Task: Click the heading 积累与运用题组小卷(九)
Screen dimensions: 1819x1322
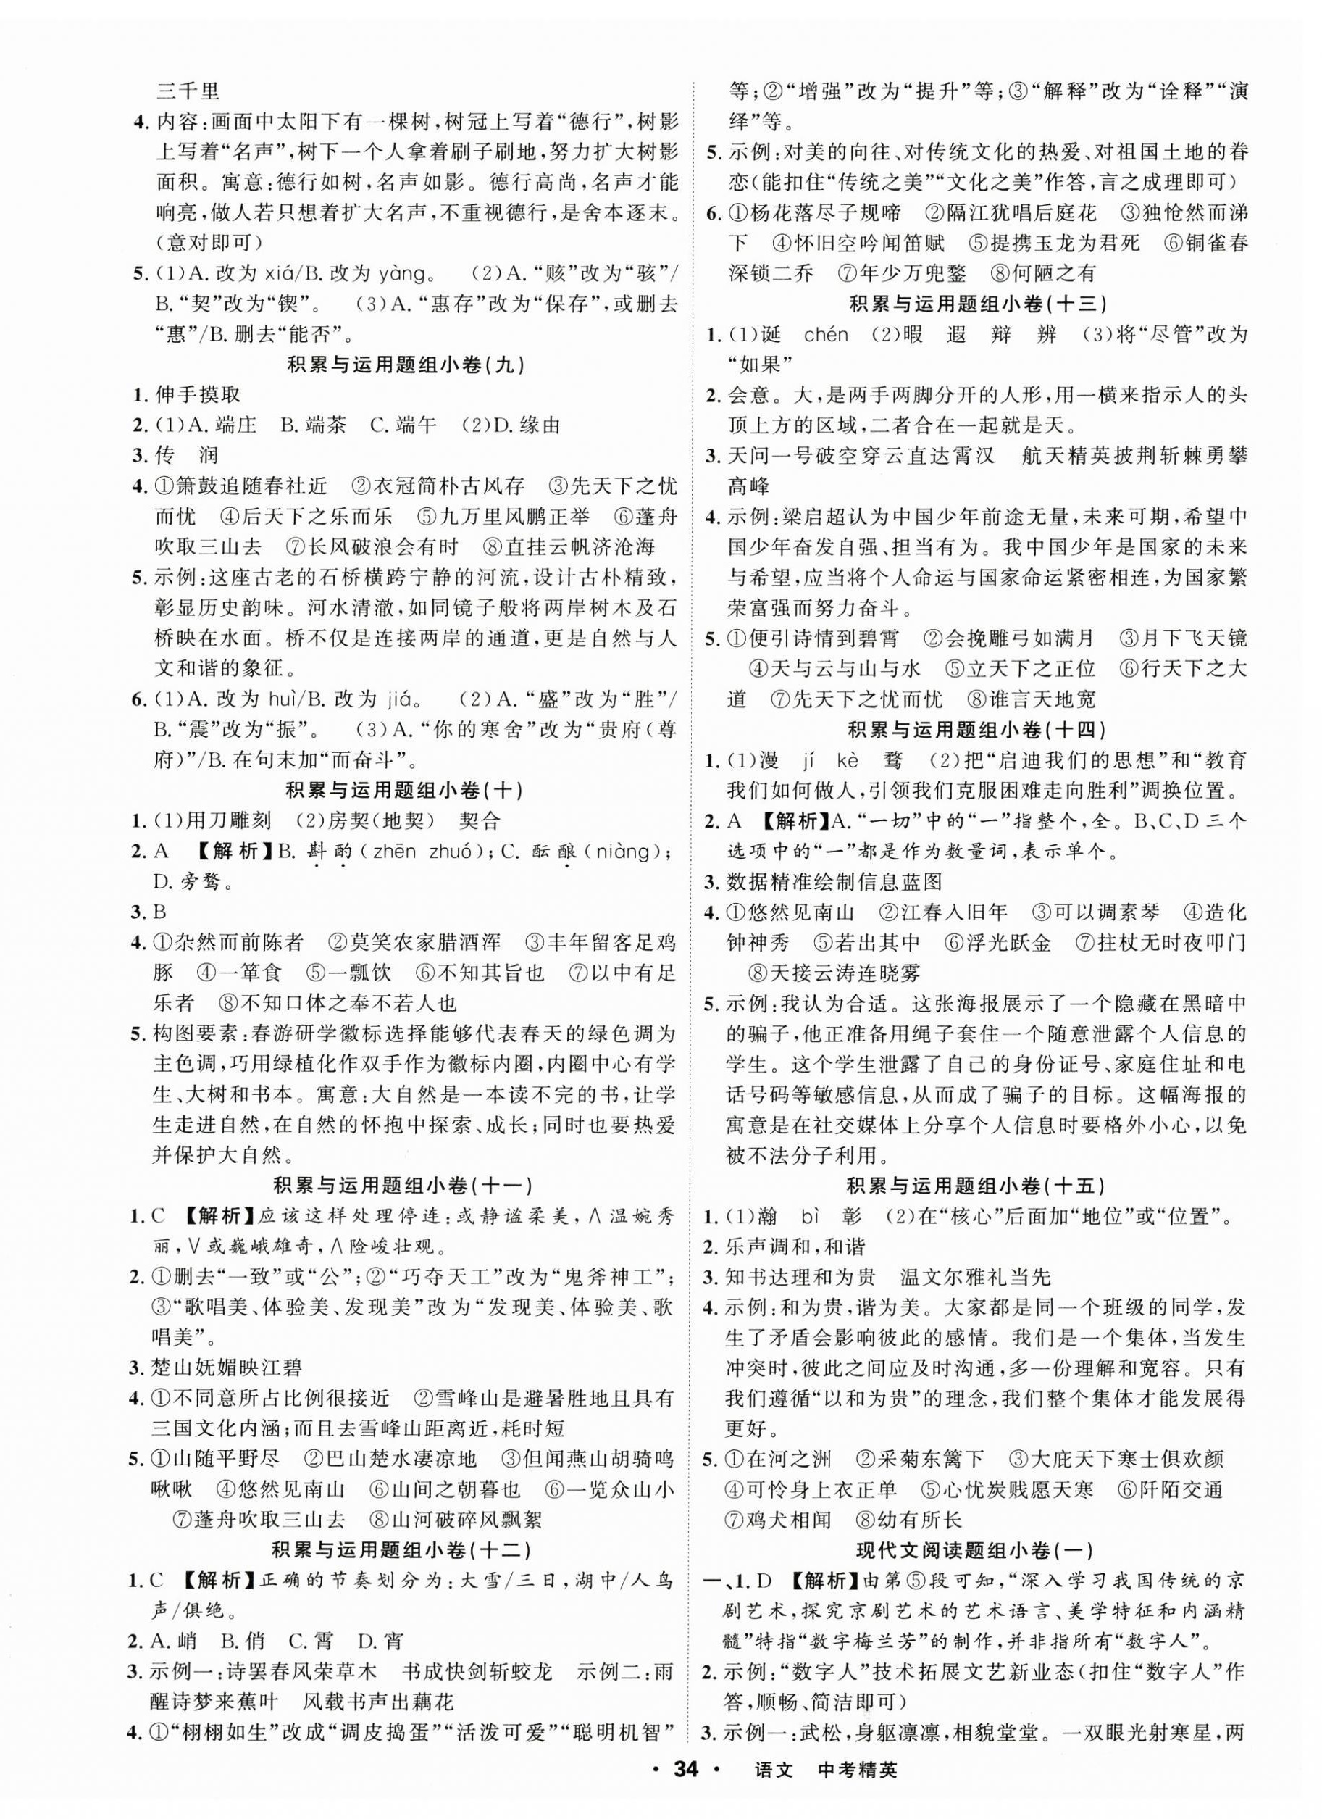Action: click(405, 365)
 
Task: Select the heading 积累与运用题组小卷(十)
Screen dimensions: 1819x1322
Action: click(405, 790)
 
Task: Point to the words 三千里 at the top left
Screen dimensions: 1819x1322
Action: click(186, 91)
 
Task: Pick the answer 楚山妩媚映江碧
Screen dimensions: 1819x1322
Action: click(227, 1368)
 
